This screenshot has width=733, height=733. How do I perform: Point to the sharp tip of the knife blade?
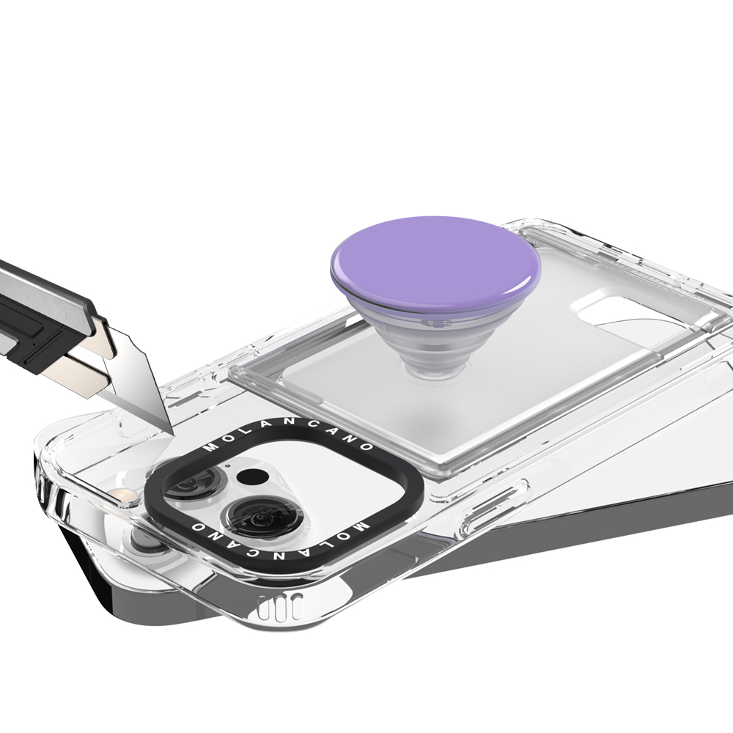(172, 435)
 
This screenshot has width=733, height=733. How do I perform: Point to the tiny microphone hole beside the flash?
(227, 465)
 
